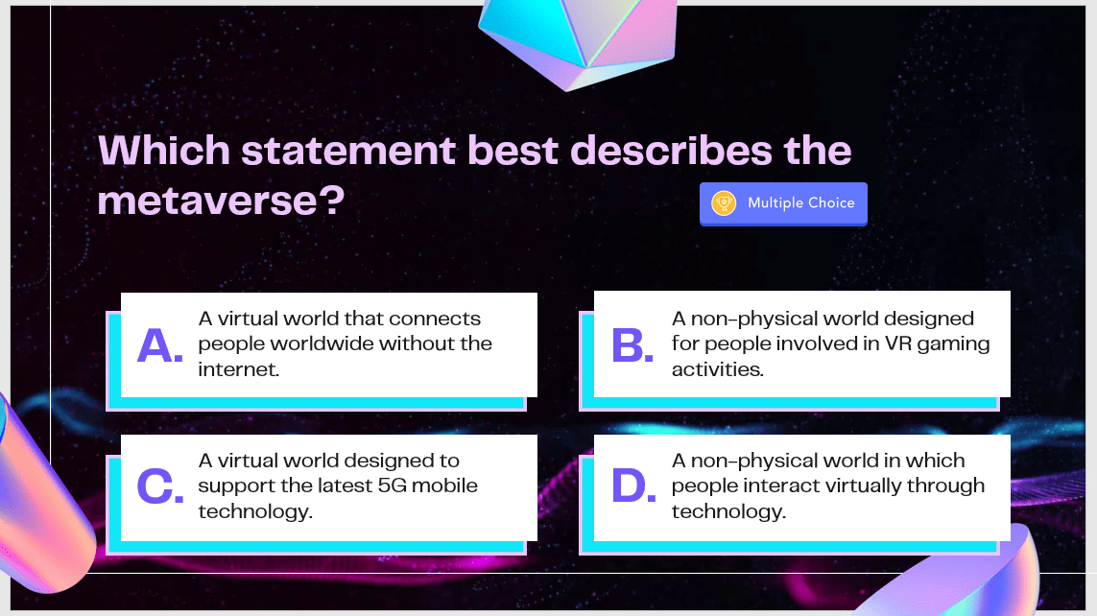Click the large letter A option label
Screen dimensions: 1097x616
pos(159,345)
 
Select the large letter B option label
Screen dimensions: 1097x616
pos(632,345)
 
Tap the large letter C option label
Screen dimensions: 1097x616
pos(160,486)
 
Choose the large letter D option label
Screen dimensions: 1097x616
pos(633,486)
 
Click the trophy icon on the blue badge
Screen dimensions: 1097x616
pos(724,202)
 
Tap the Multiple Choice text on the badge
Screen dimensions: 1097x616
pos(801,202)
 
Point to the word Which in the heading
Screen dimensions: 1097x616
pos(164,151)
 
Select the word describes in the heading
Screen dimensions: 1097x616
pos(671,151)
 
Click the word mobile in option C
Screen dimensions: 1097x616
pos(444,486)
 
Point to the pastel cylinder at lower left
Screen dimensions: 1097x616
pos(42,496)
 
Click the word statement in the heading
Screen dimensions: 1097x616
pos(348,151)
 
